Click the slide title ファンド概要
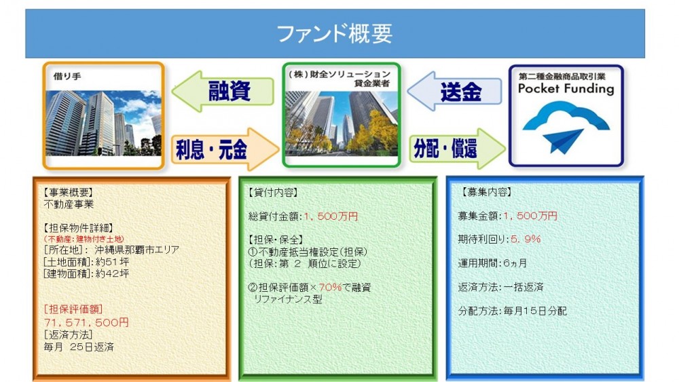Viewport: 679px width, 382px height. (334, 34)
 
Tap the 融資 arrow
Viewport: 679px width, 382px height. (223, 92)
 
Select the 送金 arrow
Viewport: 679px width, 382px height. (454, 92)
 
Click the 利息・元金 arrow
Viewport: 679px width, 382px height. (225, 149)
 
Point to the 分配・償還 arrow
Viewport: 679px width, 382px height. (457, 149)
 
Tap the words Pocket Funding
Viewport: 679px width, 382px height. (566, 89)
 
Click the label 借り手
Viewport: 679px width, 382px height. (67, 77)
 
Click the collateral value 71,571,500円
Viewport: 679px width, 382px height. (86, 322)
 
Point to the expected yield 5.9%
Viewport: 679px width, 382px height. (526, 239)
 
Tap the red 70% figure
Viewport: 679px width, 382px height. (330, 287)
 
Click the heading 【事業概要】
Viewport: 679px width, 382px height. (68, 193)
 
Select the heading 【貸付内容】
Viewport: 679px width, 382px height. (273, 193)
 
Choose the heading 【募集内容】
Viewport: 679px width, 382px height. (487, 192)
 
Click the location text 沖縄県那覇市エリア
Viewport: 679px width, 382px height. (137, 250)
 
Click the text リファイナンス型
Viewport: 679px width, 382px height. (287, 299)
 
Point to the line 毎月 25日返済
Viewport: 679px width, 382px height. (79, 347)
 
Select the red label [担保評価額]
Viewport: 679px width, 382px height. (73, 309)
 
